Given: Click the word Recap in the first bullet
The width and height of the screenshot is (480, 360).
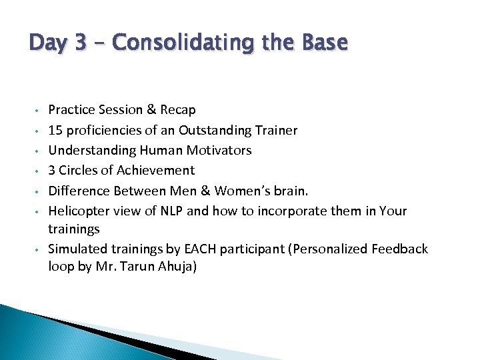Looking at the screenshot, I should click(x=178, y=109).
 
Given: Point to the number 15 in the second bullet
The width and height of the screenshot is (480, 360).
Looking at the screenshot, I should click(x=55, y=130).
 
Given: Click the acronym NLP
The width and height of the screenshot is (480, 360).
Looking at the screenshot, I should click(x=170, y=211).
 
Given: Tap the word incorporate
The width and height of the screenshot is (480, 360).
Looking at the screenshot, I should click(x=287, y=211).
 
